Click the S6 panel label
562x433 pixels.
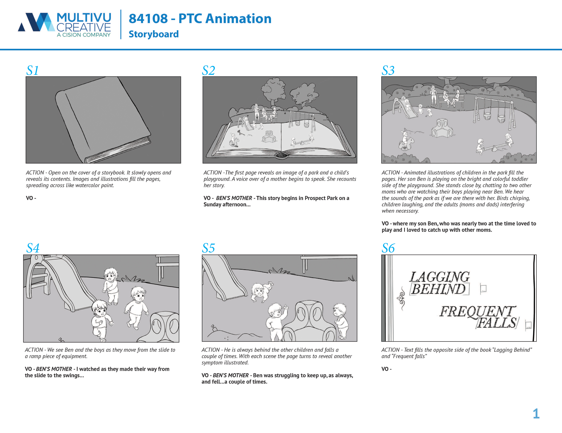tap(388, 248)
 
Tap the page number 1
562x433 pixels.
tap(536, 414)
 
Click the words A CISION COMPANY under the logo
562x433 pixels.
tap(84, 35)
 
